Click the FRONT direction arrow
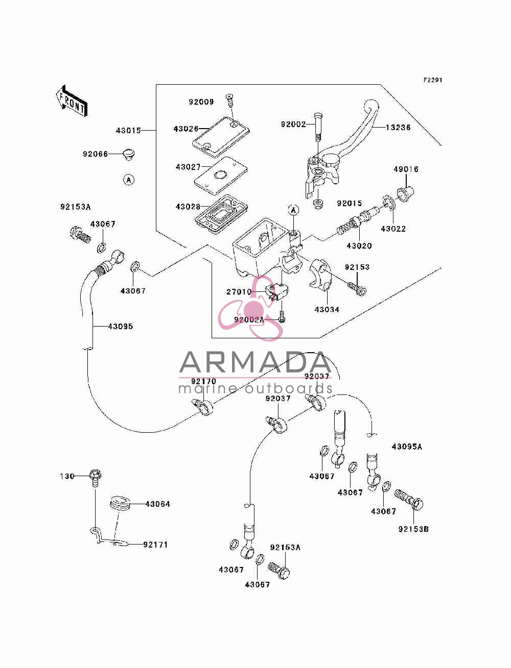pos(72,101)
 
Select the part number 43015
pos(128,131)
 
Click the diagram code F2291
pos(433,80)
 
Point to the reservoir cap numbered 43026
pos(221,137)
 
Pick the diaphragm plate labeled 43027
pos(221,176)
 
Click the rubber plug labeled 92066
pos(129,154)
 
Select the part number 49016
pos(406,169)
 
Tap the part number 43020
pos(359,245)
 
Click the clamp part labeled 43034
pos(320,274)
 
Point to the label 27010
pos(239,292)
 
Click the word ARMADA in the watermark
pos(255,362)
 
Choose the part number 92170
pos(203,381)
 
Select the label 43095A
pos(407,447)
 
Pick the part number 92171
pos(155,545)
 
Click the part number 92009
pos(201,102)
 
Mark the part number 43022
pos(393,229)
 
